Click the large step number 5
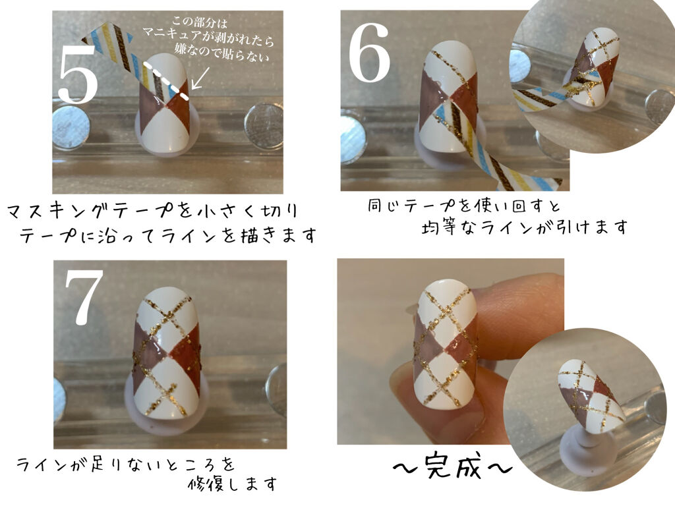click(78, 73)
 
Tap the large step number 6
click(369, 52)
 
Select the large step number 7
click(84, 297)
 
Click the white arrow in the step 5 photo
click(200, 78)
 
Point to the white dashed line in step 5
click(166, 80)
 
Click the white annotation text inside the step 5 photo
click(208, 39)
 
